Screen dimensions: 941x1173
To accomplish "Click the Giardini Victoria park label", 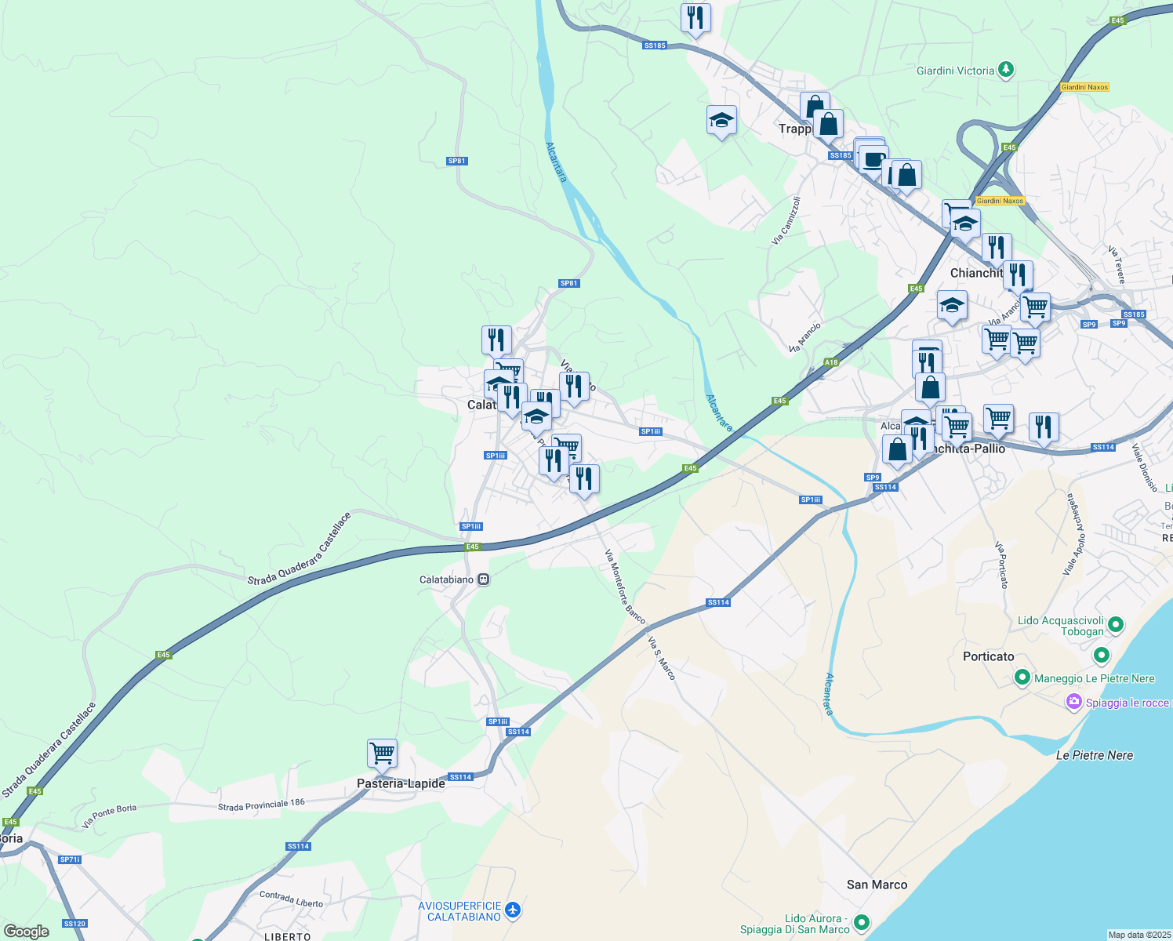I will click(x=955, y=71).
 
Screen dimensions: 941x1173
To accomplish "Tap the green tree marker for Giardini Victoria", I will click(x=1006, y=71).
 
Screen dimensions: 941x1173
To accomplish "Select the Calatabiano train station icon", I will click(x=484, y=579).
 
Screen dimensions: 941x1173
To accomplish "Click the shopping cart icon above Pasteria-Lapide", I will click(x=382, y=754).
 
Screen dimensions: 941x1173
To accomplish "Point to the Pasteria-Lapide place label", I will click(x=401, y=783).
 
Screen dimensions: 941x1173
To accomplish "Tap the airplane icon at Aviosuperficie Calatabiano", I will click(x=513, y=910).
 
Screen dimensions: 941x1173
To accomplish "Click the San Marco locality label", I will click(x=877, y=885).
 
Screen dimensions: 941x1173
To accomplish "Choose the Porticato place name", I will click(x=988, y=656).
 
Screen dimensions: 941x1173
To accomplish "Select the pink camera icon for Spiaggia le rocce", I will click(x=1073, y=702).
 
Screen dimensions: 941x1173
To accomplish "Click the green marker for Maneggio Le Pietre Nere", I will click(x=1022, y=678).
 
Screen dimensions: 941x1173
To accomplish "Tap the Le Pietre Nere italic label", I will click(x=1094, y=755).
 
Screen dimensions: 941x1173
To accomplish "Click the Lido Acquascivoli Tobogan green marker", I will click(x=1114, y=625).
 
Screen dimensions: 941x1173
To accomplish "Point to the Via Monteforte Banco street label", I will click(x=625, y=587).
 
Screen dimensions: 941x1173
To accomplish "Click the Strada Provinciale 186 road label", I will click(x=261, y=805).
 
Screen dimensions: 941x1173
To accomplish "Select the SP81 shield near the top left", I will click(x=456, y=161).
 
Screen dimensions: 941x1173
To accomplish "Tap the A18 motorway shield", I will click(x=831, y=362).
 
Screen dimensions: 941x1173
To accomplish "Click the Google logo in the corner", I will click(x=27, y=932).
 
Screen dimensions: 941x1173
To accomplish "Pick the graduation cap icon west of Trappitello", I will click(x=721, y=121).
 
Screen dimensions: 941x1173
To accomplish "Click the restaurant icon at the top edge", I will click(x=695, y=18).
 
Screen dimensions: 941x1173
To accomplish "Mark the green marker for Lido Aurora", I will click(x=862, y=922).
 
